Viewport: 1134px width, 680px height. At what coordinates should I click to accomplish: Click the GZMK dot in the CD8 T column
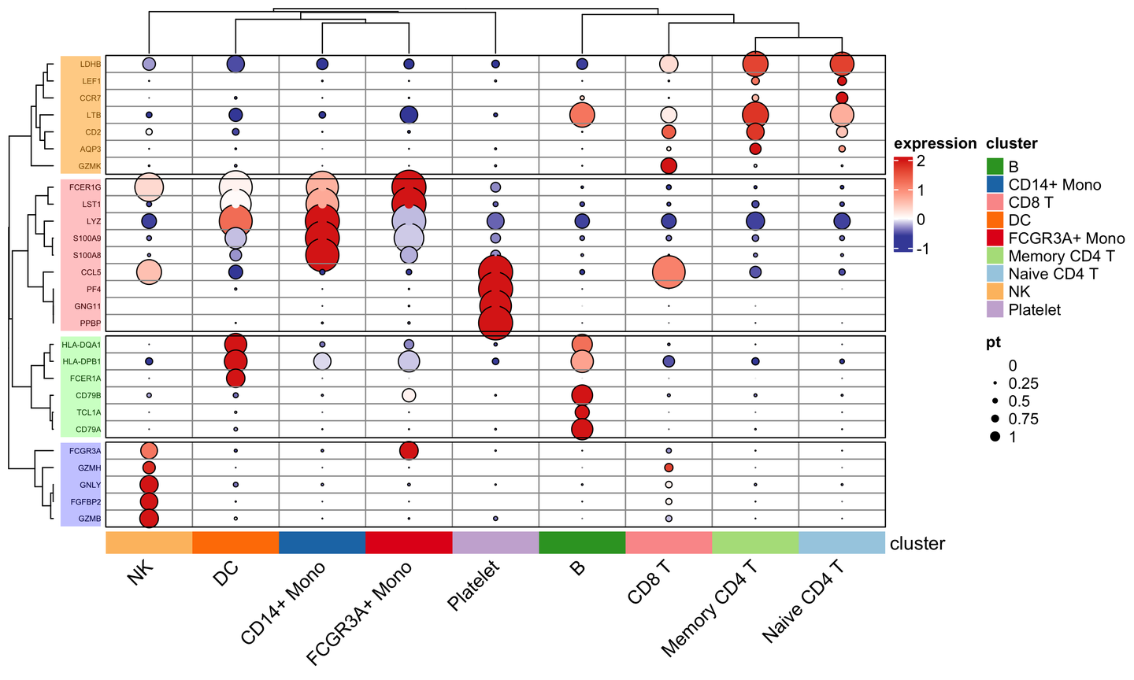coord(669,165)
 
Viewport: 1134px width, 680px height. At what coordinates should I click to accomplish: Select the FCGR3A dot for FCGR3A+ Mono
coord(409,450)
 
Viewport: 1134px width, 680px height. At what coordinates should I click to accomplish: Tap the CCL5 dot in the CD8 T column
coord(669,272)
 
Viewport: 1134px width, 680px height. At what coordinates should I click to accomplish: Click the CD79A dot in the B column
coord(582,429)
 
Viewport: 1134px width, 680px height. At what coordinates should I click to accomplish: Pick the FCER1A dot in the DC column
coord(235,378)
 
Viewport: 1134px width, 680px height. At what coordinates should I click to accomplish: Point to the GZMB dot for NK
coord(149,518)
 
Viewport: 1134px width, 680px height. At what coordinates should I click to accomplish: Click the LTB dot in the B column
coord(582,116)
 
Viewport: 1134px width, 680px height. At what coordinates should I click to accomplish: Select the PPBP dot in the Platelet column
coord(495,323)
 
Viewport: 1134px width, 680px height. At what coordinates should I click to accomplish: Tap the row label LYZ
coord(94,221)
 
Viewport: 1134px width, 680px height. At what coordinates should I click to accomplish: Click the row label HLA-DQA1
coord(82,345)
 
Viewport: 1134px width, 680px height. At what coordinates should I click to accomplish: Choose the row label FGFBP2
coord(85,501)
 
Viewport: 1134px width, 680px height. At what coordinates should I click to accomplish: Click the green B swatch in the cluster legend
coord(995,167)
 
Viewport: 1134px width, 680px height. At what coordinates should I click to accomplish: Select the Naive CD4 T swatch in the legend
coord(995,274)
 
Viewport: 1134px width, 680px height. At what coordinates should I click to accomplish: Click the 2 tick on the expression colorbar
coord(921,161)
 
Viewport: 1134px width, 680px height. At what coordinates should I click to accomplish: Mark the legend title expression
coord(935,143)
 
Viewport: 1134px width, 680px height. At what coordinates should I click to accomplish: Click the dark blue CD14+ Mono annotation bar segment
coord(322,543)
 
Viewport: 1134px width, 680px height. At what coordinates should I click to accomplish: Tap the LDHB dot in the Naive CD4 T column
coord(842,64)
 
